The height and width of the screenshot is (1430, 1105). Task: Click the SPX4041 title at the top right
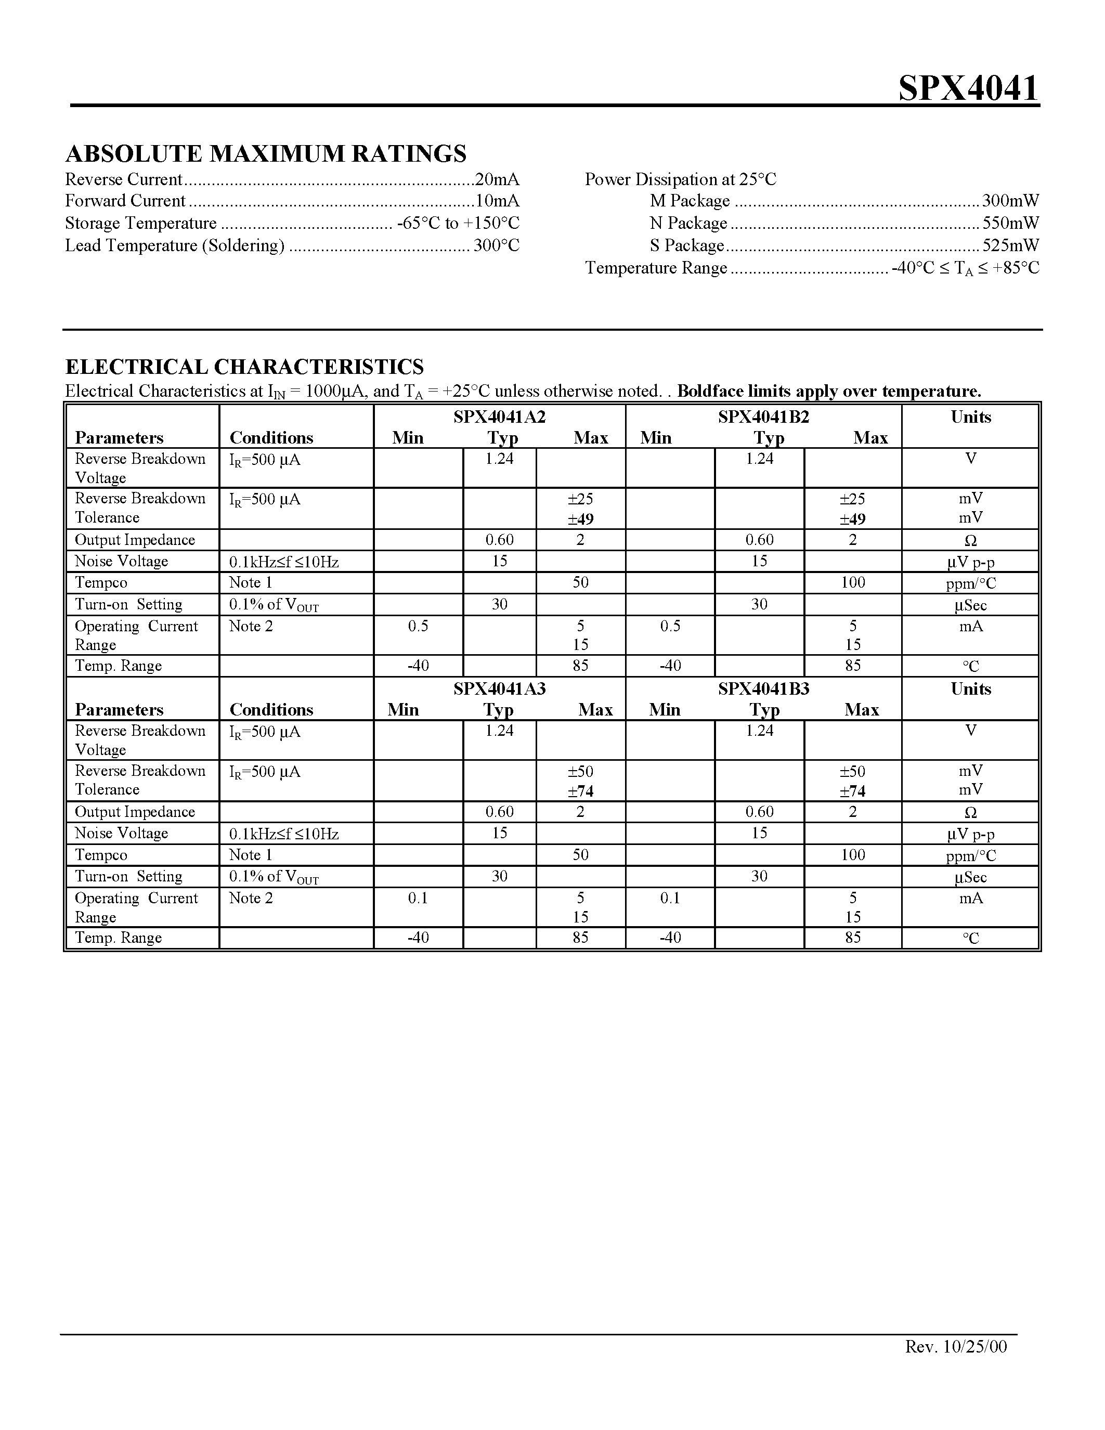tap(968, 88)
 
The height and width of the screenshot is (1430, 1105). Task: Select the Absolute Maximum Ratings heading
tap(266, 153)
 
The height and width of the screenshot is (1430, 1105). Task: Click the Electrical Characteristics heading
tap(245, 366)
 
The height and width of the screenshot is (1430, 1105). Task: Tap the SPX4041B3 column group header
tap(763, 689)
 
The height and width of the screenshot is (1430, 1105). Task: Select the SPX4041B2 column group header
tap(763, 417)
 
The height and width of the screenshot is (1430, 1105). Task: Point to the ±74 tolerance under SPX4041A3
tap(580, 791)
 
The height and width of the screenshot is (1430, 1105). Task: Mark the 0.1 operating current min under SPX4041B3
tap(670, 898)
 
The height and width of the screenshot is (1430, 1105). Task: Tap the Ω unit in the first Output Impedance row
tap(970, 541)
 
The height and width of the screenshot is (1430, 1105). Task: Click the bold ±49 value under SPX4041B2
tap(852, 519)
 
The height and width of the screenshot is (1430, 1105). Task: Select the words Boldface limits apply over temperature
tap(829, 392)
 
